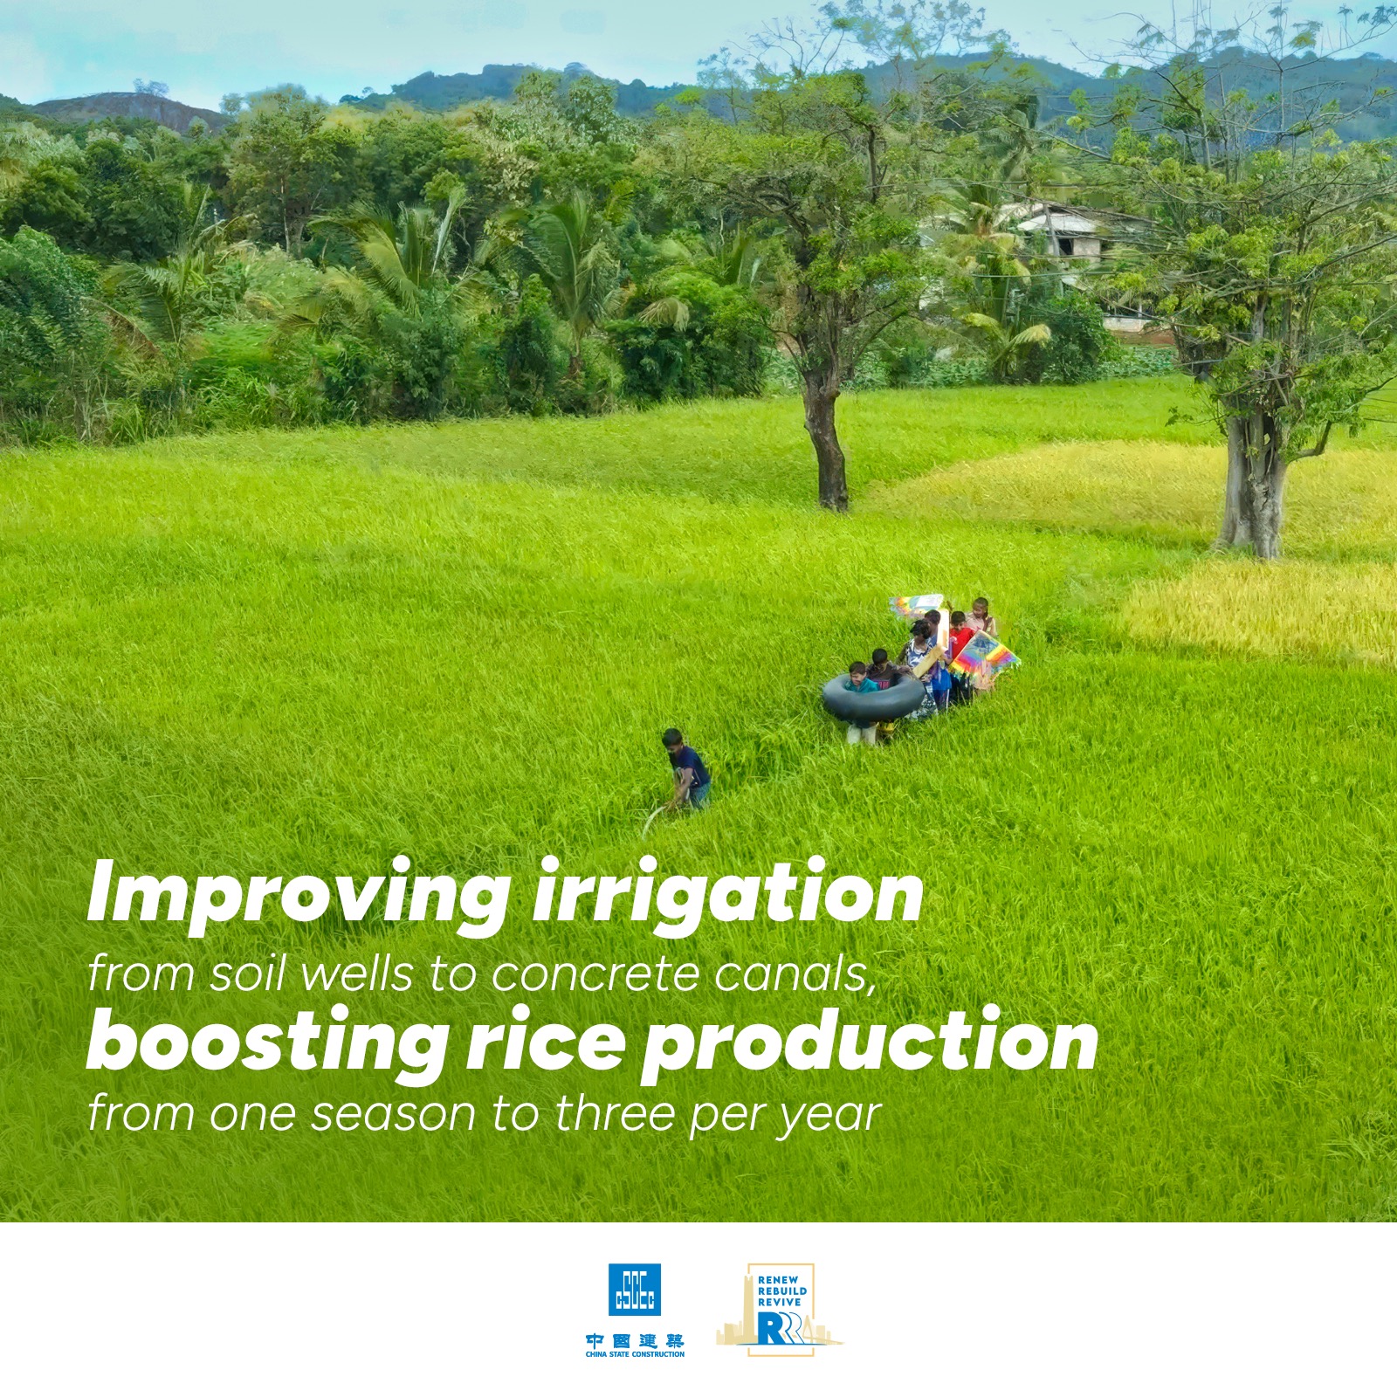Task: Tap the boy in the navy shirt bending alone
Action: (x=687, y=768)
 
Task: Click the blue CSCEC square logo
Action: (x=635, y=1290)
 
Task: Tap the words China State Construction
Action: (x=635, y=1354)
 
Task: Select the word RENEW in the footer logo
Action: (x=778, y=1281)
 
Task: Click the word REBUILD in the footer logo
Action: (x=782, y=1291)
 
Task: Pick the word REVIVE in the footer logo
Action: (x=780, y=1302)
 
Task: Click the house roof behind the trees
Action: (x=1070, y=216)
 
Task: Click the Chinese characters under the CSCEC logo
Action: (x=635, y=1339)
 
